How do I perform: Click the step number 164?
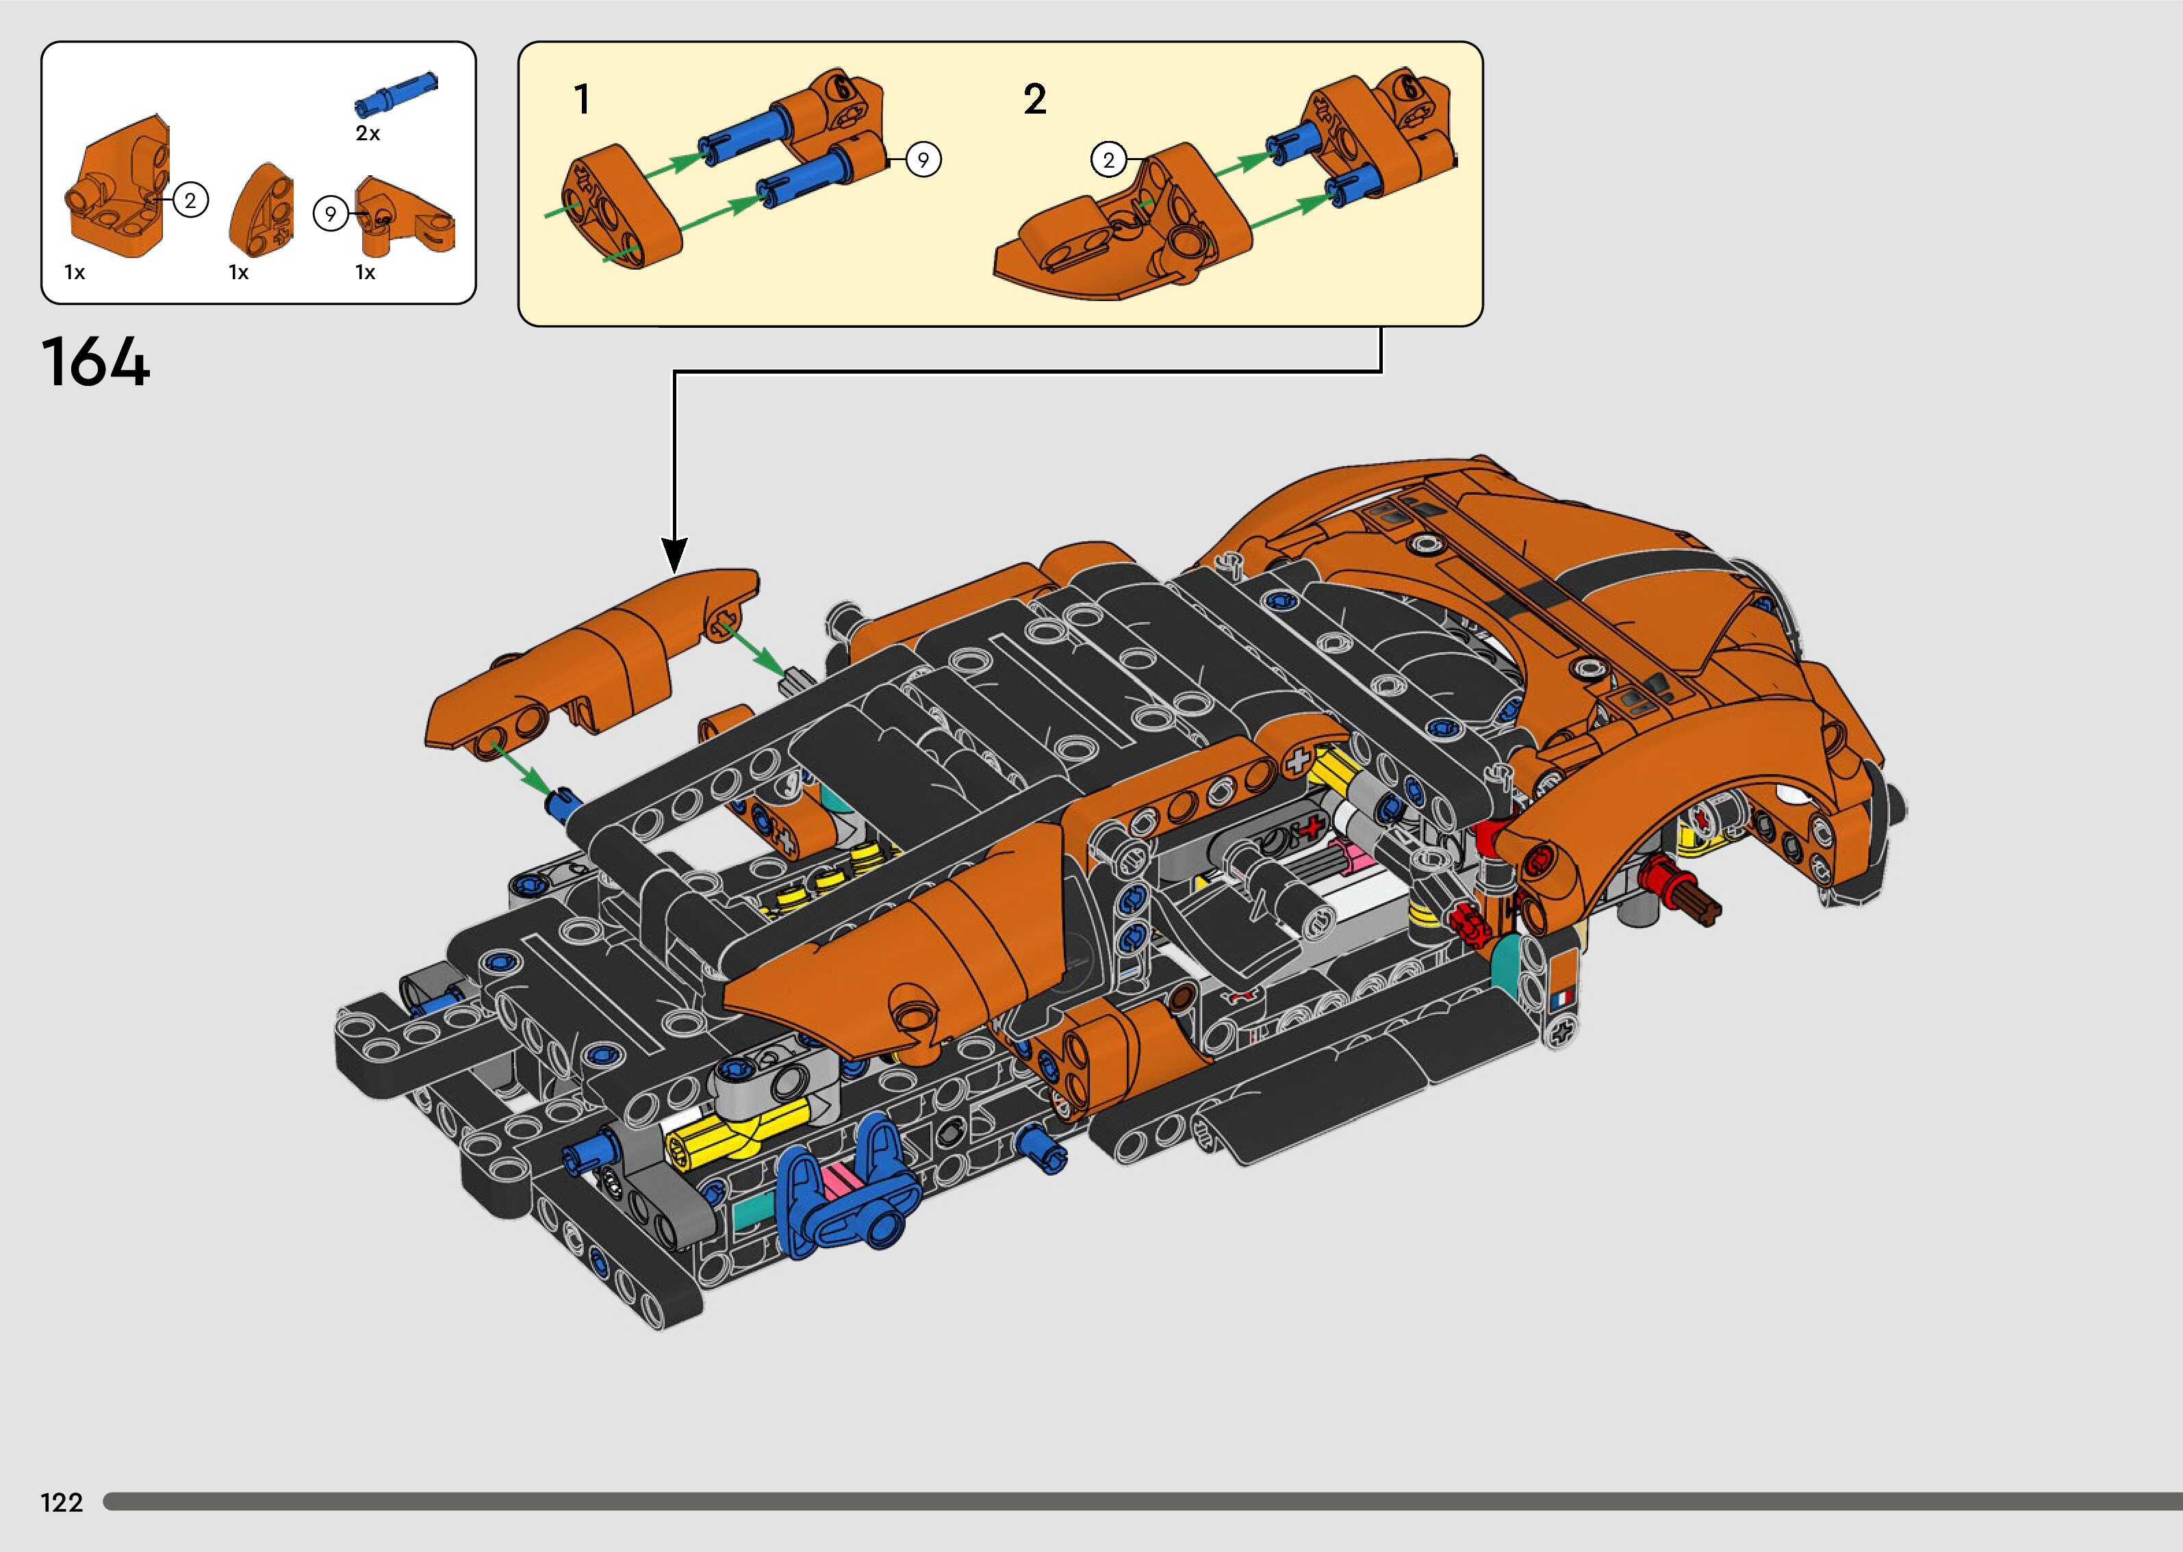point(96,362)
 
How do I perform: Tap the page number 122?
point(62,1503)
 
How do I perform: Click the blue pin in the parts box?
point(396,92)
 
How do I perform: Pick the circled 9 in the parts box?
point(331,213)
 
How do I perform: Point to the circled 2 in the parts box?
point(190,200)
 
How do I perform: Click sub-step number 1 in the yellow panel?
point(582,99)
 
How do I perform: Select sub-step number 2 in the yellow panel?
point(1034,99)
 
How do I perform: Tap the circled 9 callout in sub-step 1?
point(922,159)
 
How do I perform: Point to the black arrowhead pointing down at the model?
point(675,554)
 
